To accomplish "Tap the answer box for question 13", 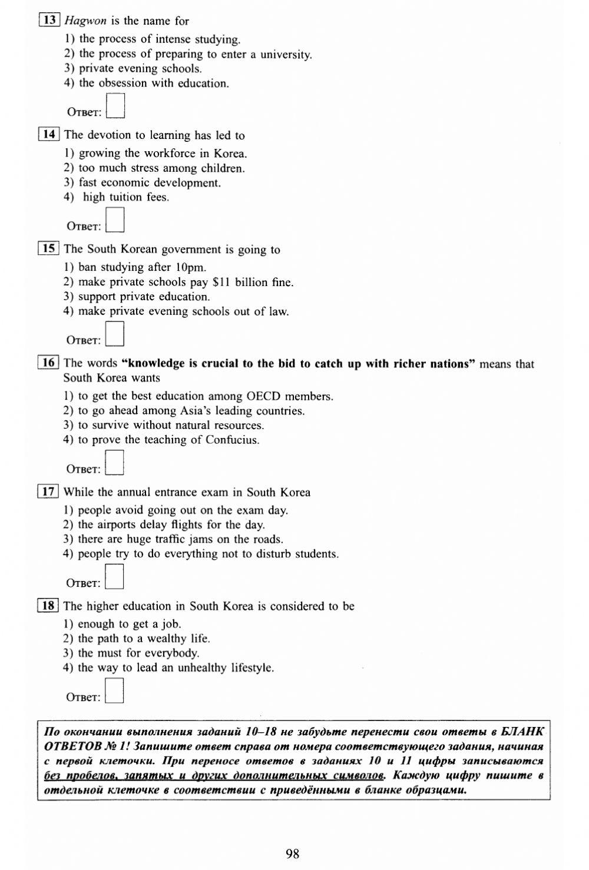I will [115, 107].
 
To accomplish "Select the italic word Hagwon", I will [85, 21].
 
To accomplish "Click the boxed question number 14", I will [49, 135].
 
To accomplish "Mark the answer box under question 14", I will [115, 221].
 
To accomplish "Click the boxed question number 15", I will [48, 249].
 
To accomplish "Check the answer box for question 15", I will [115, 334].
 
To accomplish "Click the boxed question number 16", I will [48, 363].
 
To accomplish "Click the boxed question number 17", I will [48, 492].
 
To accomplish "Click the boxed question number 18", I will [48, 606].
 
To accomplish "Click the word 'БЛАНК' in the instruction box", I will [522, 732].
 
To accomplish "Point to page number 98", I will [293, 854].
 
